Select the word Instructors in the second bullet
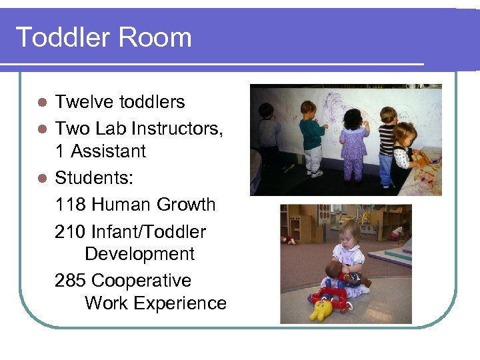tap(175, 127)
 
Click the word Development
tap(139, 254)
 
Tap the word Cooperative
tap(141, 281)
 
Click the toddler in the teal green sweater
tap(311, 137)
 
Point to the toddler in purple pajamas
tap(353, 143)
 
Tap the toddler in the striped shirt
tap(387, 140)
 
